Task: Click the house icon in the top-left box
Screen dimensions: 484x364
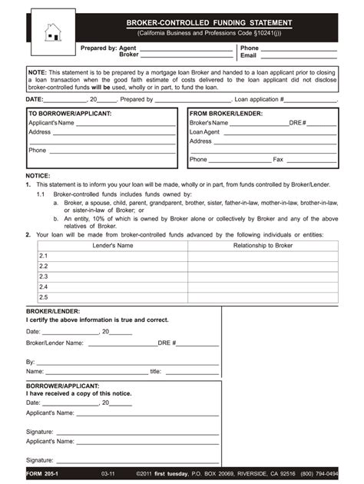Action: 52,31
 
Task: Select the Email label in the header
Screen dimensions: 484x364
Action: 248,56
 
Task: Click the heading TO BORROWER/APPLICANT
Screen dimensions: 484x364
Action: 70,114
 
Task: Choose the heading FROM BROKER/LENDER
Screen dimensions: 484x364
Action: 226,114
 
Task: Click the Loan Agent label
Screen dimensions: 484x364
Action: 205,132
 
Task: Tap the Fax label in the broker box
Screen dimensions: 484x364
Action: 278,160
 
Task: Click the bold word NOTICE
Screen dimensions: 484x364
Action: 38,176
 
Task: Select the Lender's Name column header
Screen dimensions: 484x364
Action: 113,245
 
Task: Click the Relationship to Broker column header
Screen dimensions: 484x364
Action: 263,245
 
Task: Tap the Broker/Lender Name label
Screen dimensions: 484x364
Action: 55,343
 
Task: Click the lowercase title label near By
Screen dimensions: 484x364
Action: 155,371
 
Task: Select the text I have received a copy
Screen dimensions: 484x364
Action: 79,393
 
